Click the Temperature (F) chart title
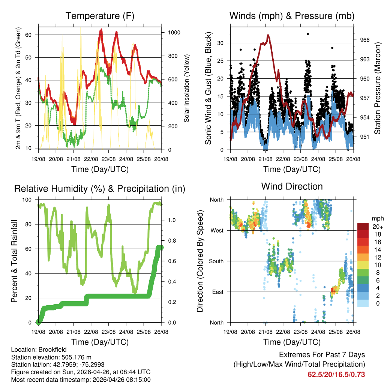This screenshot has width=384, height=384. click(100, 16)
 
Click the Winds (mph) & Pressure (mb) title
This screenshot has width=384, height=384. click(292, 16)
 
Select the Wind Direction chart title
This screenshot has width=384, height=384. click(292, 186)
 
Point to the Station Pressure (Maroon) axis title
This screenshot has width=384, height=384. click(378, 88)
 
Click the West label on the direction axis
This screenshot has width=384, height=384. click(217, 230)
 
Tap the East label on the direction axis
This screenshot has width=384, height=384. click(218, 292)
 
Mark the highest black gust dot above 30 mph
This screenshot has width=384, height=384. click(308, 34)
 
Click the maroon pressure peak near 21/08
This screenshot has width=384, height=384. click(268, 35)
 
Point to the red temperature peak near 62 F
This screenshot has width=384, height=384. click(101, 30)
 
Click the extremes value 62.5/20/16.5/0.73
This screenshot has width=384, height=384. click(336, 375)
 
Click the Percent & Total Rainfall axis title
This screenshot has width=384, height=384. click(14, 261)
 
